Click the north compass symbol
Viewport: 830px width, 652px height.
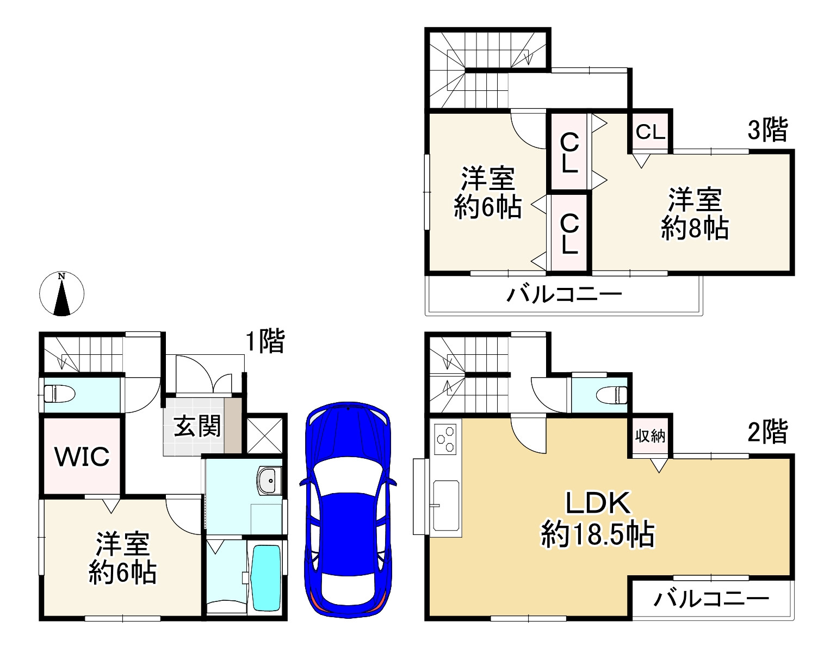click(x=62, y=294)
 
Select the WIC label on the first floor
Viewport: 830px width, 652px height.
click(x=83, y=456)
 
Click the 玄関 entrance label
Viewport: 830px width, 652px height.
click(x=197, y=426)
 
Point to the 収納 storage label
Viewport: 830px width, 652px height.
click(x=651, y=435)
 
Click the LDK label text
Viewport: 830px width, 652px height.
click(x=598, y=503)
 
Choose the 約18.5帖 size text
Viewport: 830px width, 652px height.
click(x=598, y=534)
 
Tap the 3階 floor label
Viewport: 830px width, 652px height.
click(x=767, y=130)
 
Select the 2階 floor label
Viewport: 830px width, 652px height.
click(x=767, y=433)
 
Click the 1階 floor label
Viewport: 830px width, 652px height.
click(x=265, y=342)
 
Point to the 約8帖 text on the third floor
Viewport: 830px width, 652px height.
click(x=695, y=229)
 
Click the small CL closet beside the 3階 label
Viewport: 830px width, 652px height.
click(x=651, y=132)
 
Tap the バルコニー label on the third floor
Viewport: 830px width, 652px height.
click(x=564, y=295)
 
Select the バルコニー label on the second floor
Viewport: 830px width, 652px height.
click(x=711, y=599)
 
